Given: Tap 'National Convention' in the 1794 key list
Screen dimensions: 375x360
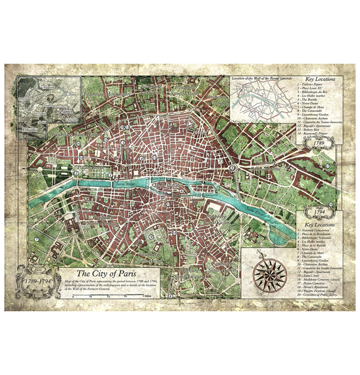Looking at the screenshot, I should click(319, 230).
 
